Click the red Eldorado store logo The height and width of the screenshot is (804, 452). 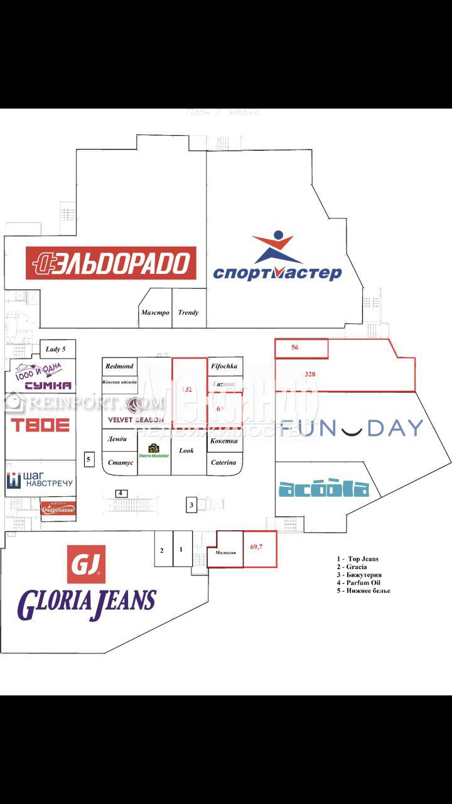[110, 263]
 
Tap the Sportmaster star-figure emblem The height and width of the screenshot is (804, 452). [273, 247]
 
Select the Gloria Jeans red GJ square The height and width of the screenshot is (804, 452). [86, 563]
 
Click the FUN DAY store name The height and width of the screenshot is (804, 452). [352, 428]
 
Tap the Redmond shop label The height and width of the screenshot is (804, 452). [119, 366]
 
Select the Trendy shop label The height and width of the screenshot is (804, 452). [188, 312]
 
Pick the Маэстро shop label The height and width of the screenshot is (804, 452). [155, 312]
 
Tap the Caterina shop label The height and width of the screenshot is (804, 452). [224, 463]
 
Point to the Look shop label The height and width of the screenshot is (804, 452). [186, 450]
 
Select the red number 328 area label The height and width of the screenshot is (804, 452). [309, 374]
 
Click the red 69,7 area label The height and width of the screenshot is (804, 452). [256, 547]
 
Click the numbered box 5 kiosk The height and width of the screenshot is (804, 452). [89, 459]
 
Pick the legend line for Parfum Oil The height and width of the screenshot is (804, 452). [363, 582]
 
